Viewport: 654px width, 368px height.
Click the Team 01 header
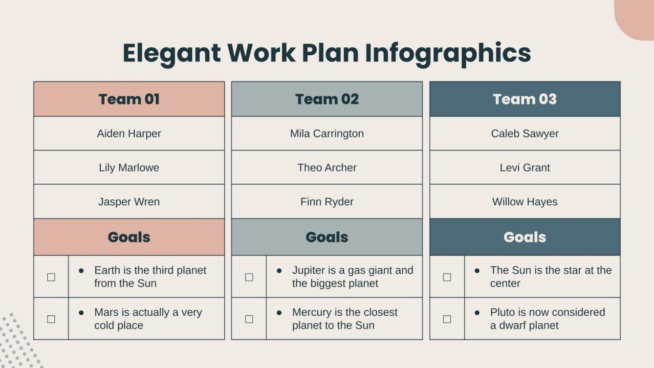click(x=129, y=99)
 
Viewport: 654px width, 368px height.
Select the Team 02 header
click(x=327, y=99)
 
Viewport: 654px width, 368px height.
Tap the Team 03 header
click(x=524, y=99)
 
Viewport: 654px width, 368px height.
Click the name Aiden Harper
click(x=129, y=133)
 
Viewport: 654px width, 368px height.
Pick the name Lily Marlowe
click(x=129, y=168)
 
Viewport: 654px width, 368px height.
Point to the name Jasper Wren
click(x=129, y=202)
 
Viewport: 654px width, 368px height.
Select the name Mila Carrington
click(x=327, y=133)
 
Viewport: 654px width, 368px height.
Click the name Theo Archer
click(x=327, y=168)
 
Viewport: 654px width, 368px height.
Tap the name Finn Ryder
click(x=327, y=202)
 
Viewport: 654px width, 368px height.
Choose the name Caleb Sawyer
click(x=524, y=133)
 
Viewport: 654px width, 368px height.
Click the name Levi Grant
click(x=524, y=168)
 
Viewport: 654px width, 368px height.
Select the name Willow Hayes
click(x=524, y=202)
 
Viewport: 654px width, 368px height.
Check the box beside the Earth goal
click(x=51, y=277)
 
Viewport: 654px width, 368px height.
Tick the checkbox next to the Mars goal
click(x=51, y=319)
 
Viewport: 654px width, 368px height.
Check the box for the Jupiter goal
click(x=249, y=277)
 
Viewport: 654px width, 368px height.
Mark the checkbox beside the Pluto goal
click(x=447, y=319)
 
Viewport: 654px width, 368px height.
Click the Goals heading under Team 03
click(x=524, y=237)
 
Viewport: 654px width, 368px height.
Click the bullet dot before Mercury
click(x=279, y=312)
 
